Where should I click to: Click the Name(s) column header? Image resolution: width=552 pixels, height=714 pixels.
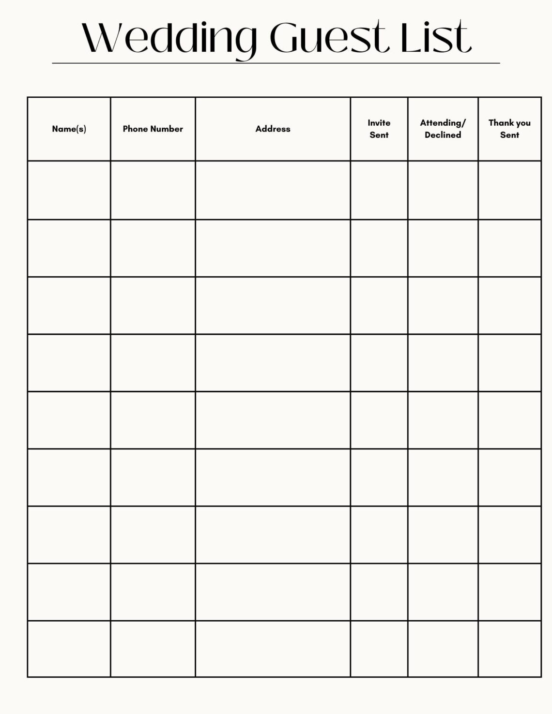[x=69, y=129]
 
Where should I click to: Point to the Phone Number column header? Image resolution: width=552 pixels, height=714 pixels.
[x=153, y=129]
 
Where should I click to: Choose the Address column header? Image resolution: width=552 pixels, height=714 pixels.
[x=273, y=129]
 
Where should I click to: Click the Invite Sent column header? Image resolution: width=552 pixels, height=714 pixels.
[x=379, y=129]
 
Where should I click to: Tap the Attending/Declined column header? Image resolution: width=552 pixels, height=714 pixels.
[x=443, y=129]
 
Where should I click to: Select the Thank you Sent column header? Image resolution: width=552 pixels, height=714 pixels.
[x=509, y=129]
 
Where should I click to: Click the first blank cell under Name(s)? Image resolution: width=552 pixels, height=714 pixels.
[x=69, y=190]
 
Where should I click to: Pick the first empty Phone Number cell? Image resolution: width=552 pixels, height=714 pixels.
[x=153, y=190]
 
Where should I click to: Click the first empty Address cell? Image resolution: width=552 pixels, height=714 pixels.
[x=273, y=190]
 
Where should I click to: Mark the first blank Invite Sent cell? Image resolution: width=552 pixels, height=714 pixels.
[x=379, y=190]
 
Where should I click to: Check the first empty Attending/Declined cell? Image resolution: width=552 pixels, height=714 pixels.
[x=443, y=190]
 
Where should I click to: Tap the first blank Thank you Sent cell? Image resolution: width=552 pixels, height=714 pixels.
[x=509, y=190]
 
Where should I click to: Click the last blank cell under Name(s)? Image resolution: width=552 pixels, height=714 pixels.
[x=69, y=649]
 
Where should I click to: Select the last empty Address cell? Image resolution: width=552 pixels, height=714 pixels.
[x=273, y=649]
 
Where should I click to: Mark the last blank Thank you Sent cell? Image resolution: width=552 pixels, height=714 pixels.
[x=509, y=649]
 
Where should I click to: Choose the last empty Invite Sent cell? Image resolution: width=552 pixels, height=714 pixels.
[x=379, y=649]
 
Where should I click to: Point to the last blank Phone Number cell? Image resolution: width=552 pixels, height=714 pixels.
[x=153, y=649]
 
